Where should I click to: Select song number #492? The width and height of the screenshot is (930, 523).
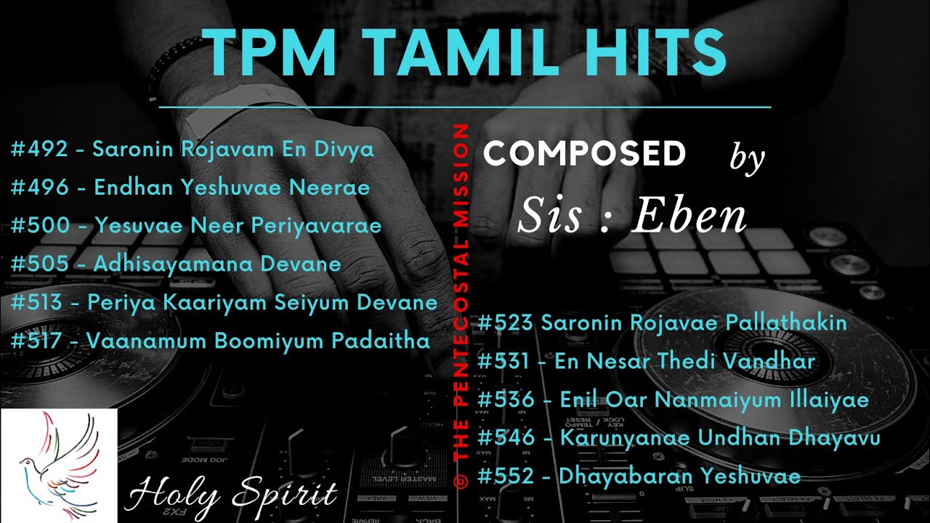[39, 150]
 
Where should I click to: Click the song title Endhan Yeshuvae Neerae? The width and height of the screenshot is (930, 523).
[232, 187]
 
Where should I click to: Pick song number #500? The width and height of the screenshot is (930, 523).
[39, 225]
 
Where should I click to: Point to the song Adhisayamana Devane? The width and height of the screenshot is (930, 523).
[217, 263]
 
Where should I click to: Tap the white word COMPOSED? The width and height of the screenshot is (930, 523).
[584, 153]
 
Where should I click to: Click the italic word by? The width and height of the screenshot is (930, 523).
[747, 158]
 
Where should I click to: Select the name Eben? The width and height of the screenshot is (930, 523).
[689, 216]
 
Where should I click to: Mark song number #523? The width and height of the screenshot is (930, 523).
[506, 323]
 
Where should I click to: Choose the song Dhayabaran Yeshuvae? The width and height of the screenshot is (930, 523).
[679, 477]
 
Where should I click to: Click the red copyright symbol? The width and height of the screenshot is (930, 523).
[459, 477]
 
